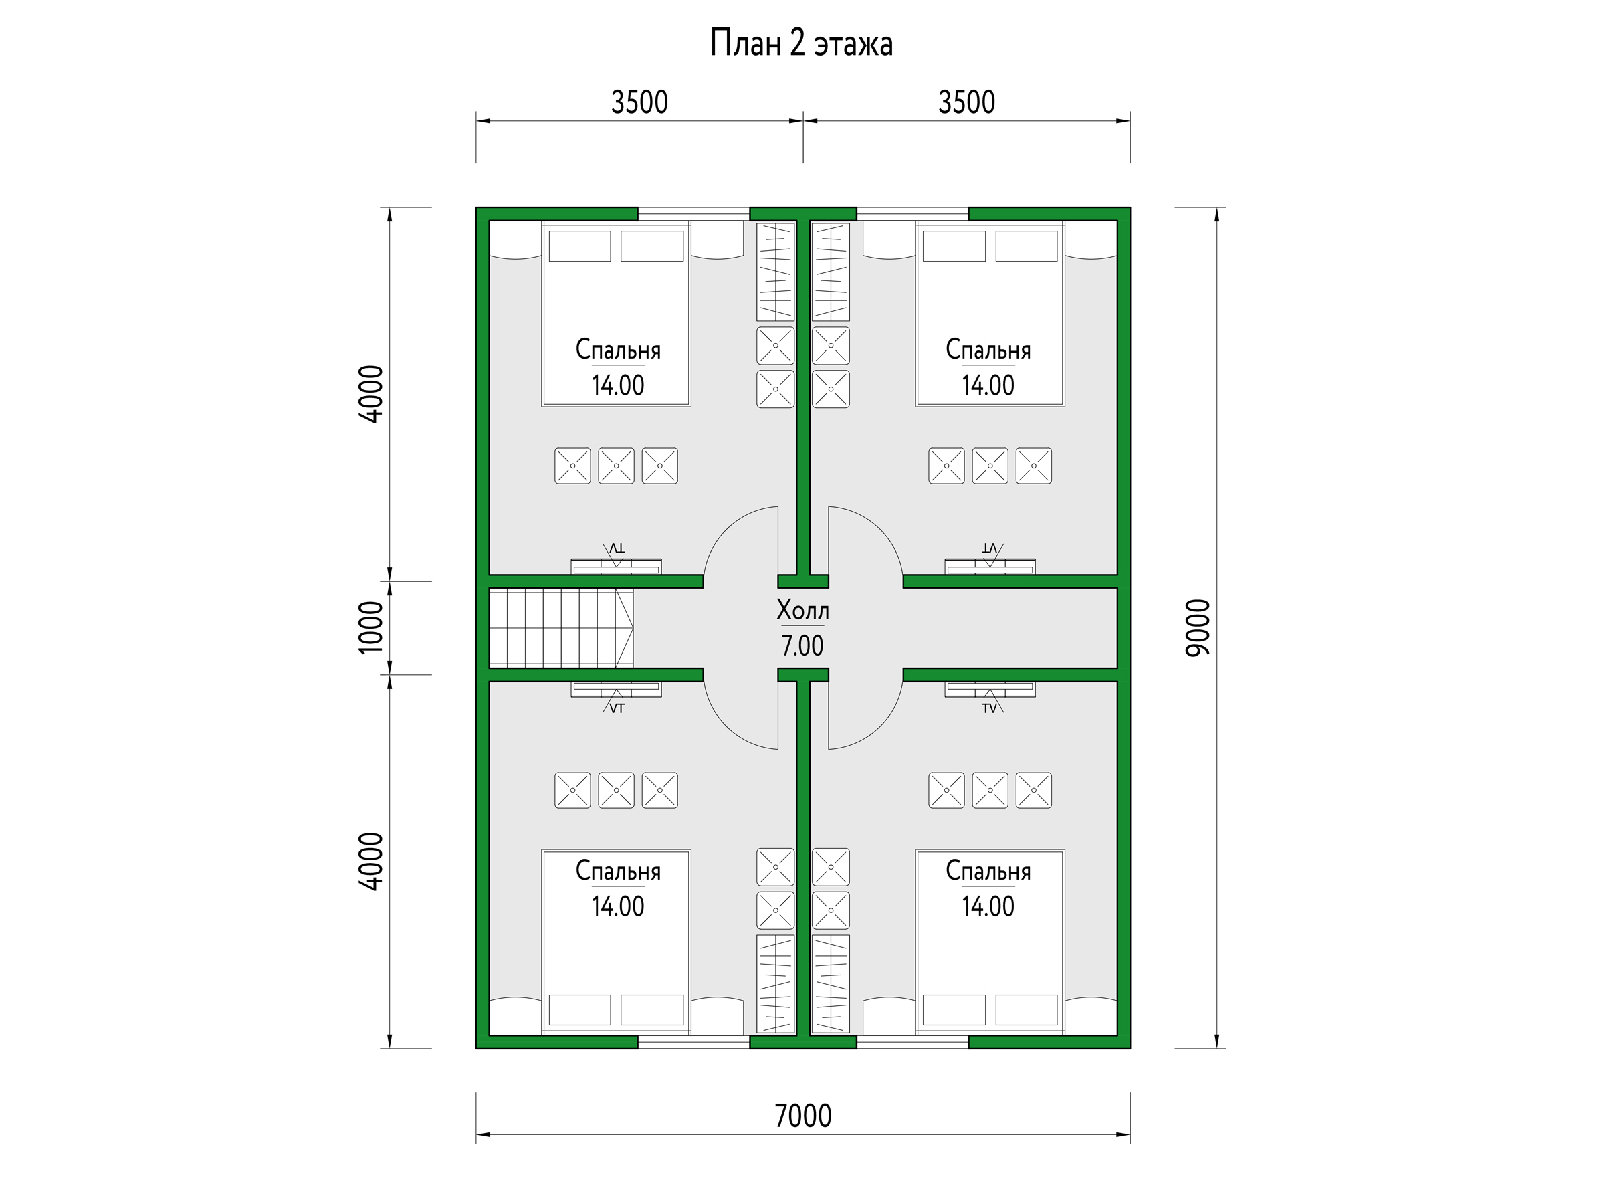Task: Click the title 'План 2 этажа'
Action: [801, 43]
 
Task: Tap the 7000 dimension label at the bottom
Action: [803, 1116]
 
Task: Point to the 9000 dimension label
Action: [1198, 628]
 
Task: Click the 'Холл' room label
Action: [802, 610]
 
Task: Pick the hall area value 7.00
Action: [802, 645]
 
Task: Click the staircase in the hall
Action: [561, 628]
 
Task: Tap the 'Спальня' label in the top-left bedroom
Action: [618, 350]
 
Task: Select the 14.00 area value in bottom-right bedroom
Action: [988, 906]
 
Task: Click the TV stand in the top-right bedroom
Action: [990, 566]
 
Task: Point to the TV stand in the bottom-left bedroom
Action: [616, 690]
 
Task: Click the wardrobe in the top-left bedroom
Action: [776, 272]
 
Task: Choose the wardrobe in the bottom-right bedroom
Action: [831, 984]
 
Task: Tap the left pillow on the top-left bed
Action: [580, 246]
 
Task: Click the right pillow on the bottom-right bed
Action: [1026, 1009]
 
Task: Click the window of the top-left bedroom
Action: [693, 214]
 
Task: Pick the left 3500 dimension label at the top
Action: [639, 102]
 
